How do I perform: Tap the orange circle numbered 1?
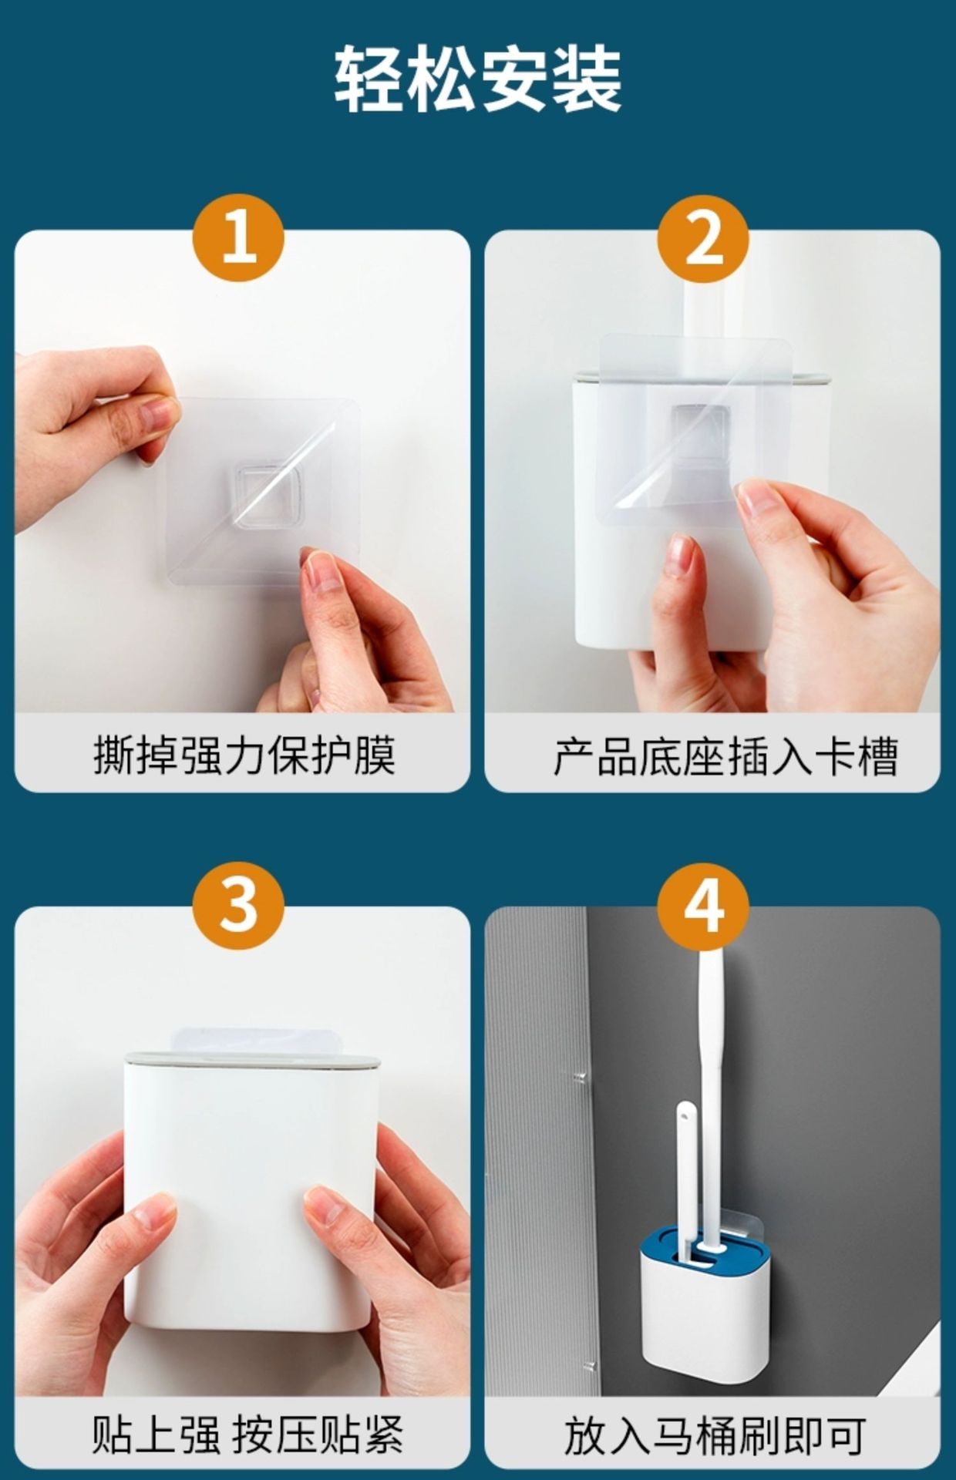(x=238, y=238)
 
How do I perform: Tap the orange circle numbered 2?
(x=703, y=238)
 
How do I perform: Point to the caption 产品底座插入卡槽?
(x=725, y=756)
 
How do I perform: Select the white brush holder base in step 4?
(x=705, y=1318)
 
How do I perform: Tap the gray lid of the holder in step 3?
(x=252, y=1059)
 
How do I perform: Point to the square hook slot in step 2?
(x=700, y=432)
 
